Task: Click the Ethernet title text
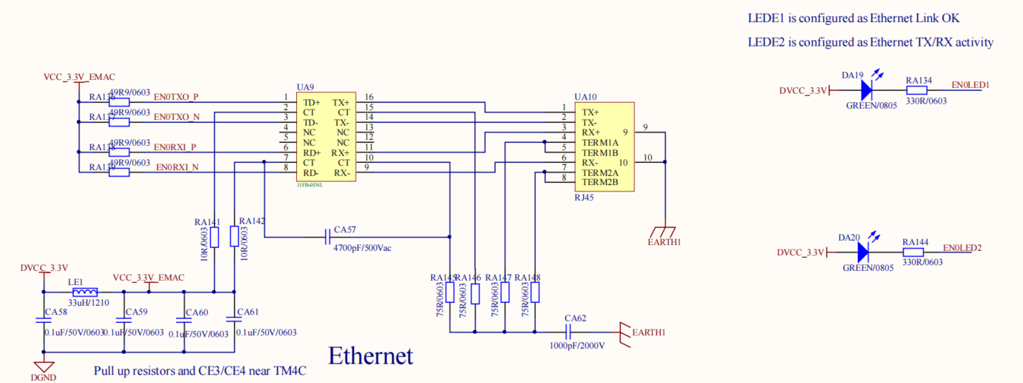tap(371, 355)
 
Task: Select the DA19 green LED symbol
tap(866, 90)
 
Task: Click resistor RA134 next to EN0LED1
tap(918, 90)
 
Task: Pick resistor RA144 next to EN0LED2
tap(914, 252)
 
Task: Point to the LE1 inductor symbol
tap(85, 292)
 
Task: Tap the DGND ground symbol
tap(44, 367)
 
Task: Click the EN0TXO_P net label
tap(176, 96)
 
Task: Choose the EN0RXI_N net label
tap(177, 167)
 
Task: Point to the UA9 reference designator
tap(305, 86)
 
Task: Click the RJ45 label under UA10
tap(584, 198)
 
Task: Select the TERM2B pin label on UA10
tap(599, 182)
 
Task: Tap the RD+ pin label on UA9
tap(310, 152)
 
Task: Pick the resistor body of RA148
tap(535, 292)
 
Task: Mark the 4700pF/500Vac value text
tap(362, 248)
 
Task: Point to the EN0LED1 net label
tap(970, 85)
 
